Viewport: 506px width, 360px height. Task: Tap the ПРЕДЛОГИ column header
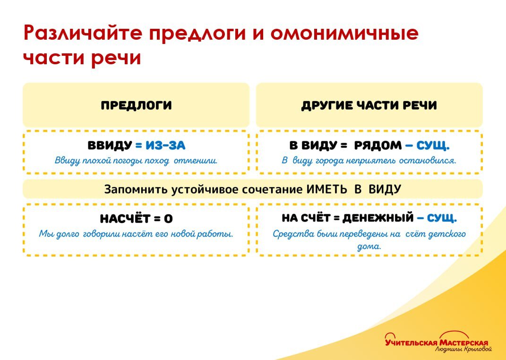click(136, 105)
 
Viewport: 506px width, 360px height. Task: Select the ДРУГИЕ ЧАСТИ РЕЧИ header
click(369, 105)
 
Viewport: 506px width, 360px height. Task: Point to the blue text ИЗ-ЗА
click(165, 146)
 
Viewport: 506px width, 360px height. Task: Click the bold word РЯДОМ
click(378, 146)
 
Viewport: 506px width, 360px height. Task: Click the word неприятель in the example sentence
click(372, 161)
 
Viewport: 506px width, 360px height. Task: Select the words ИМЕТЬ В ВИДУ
click(353, 189)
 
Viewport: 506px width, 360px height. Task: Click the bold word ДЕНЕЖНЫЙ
click(378, 218)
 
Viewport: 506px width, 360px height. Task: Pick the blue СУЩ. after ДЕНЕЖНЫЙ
click(442, 218)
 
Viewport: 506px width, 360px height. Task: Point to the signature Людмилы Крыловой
click(463, 350)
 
